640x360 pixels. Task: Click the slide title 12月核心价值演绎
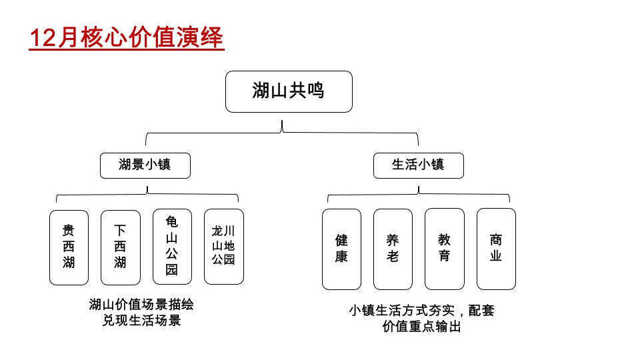click(127, 38)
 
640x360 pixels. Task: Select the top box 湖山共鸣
click(288, 91)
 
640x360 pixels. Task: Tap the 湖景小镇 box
click(145, 165)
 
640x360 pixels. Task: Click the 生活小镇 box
click(418, 165)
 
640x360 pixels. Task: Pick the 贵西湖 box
click(69, 247)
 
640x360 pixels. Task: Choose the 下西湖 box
click(120, 247)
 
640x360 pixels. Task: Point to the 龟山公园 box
click(172, 247)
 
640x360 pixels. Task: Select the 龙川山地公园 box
click(223, 246)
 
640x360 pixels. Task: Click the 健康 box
click(341, 249)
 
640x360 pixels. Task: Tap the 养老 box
click(393, 249)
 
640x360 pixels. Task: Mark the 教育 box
click(444, 248)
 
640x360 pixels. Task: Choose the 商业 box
click(496, 248)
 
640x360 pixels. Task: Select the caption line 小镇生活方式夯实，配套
click(421, 311)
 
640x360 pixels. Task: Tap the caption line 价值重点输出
click(421, 327)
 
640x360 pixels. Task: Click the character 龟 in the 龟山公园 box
click(172, 222)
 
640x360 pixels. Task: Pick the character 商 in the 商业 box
click(496, 240)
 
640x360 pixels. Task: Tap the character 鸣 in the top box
click(316, 91)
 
